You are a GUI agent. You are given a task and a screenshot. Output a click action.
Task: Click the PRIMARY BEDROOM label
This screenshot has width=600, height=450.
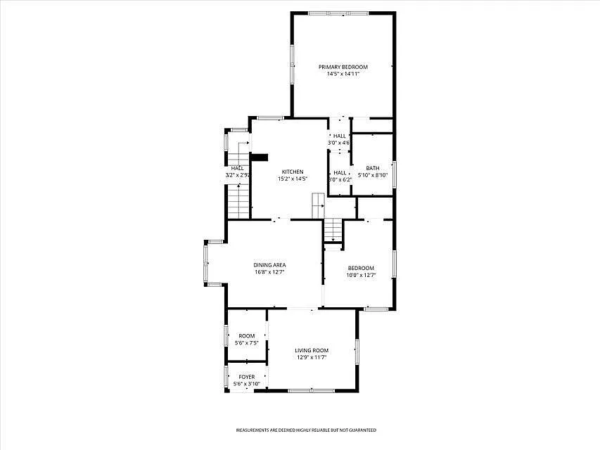tap(343, 67)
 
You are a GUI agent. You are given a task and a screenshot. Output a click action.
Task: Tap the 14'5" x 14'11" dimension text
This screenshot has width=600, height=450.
tap(343, 74)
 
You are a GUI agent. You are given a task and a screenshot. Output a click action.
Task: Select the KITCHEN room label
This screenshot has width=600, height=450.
tap(293, 172)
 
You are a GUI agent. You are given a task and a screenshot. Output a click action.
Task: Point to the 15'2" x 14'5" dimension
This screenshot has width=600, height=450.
tap(293, 179)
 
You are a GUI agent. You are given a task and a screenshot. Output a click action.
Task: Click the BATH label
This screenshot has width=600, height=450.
tap(372, 168)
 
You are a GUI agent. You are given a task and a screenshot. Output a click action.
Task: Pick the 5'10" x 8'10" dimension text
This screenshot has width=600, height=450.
tap(373, 175)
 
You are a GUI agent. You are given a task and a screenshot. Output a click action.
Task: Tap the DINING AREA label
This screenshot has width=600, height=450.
tap(269, 265)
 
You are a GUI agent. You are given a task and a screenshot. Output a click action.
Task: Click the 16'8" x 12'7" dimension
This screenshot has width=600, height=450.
tap(269, 272)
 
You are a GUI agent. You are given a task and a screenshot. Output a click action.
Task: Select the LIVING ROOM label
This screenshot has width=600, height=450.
tap(312, 350)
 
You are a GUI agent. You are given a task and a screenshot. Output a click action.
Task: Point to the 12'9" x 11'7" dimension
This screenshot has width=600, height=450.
tap(312, 357)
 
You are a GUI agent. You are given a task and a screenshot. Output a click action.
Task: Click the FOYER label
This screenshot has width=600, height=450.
tap(246, 377)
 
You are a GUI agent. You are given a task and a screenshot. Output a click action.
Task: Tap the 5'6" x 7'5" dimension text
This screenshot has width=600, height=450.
tap(246, 343)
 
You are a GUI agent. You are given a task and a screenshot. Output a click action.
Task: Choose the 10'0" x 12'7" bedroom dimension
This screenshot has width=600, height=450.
tap(361, 275)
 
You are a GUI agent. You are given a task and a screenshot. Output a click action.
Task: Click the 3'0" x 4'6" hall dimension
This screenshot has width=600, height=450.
tap(339, 143)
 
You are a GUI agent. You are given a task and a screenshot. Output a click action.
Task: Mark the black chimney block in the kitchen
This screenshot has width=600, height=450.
tap(260, 157)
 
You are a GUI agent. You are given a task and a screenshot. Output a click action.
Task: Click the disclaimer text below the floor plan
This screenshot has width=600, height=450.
tap(305, 430)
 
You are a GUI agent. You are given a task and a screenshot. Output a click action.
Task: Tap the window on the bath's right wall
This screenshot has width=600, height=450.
tap(395, 174)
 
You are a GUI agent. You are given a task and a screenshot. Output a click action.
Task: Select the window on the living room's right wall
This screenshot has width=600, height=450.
tap(357, 350)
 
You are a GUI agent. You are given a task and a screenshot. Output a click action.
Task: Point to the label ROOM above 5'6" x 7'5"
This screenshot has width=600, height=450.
tap(246, 336)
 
